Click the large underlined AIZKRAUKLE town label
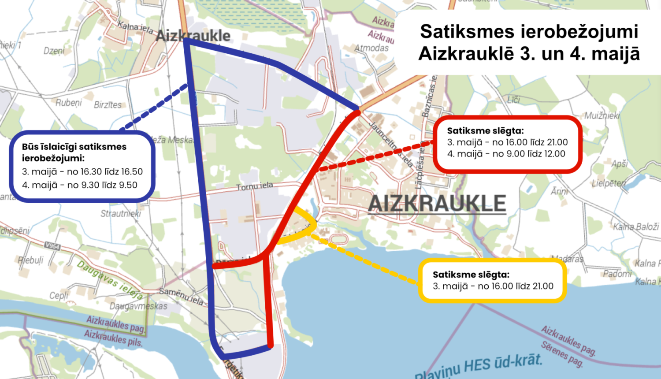[x=437, y=204]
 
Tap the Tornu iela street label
[x=254, y=186]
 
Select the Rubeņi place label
[x=69, y=103]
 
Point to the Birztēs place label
[x=108, y=105]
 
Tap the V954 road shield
[x=52, y=246]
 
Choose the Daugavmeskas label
[x=138, y=306]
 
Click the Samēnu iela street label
[x=181, y=296]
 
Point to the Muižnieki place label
[x=602, y=116]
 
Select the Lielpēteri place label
[x=609, y=183]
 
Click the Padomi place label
[x=617, y=274]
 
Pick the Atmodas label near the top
[x=371, y=48]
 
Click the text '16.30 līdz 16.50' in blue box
[x=111, y=172]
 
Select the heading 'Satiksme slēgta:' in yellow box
[x=471, y=275]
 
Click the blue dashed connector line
[x=154, y=108]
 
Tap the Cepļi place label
[x=59, y=295]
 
